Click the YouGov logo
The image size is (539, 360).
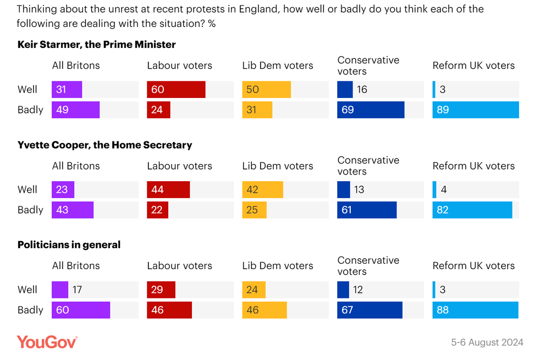click(x=47, y=342)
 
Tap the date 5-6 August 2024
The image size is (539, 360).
click(x=487, y=342)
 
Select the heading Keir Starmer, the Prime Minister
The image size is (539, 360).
click(x=97, y=45)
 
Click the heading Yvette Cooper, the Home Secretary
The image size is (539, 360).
click(x=105, y=145)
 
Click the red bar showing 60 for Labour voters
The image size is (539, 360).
click(x=176, y=90)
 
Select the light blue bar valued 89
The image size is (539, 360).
click(x=475, y=110)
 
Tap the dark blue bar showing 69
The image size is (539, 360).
click(x=370, y=110)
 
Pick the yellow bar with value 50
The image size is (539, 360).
click(x=266, y=90)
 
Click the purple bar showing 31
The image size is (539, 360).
click(x=67, y=90)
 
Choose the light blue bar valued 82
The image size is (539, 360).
click(x=472, y=210)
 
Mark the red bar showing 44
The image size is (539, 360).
click(x=168, y=190)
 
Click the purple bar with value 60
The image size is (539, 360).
click(x=81, y=310)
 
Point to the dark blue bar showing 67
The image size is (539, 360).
click(x=370, y=310)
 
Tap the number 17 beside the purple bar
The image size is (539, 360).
click(x=77, y=290)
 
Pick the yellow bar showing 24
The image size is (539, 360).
click(x=254, y=290)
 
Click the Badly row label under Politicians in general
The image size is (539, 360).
click(x=30, y=310)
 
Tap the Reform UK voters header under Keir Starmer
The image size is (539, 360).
click(x=474, y=66)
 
